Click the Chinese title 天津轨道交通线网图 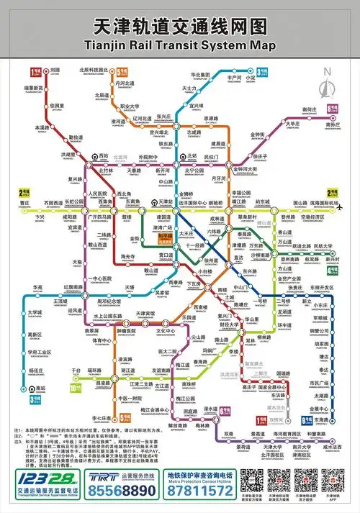180,27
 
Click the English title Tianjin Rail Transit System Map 180,45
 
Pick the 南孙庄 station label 332,124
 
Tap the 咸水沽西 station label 333,447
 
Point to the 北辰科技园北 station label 94,69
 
